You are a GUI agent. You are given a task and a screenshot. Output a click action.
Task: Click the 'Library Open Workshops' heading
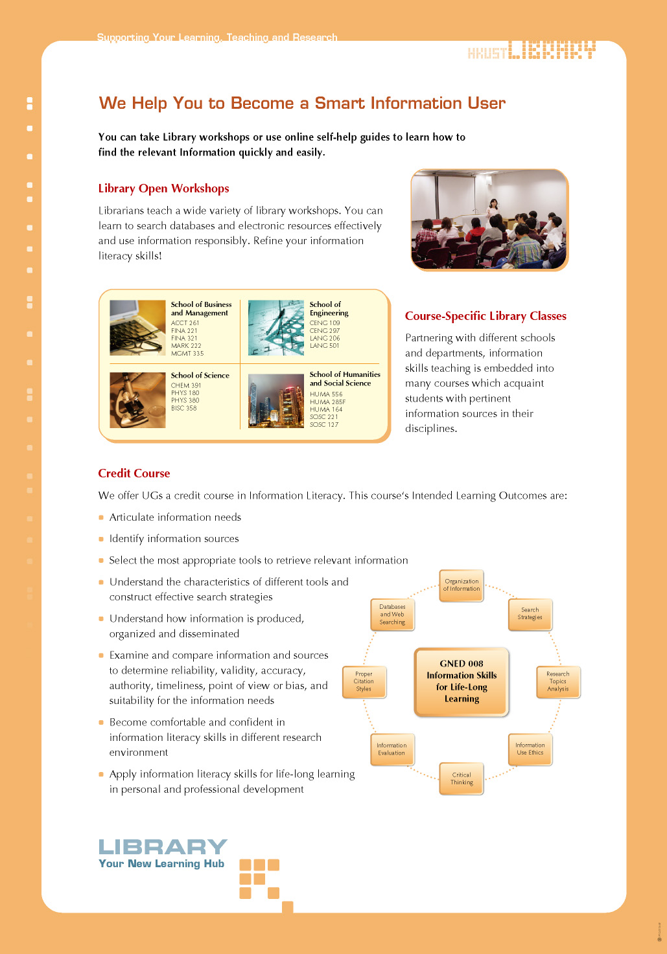pos(163,188)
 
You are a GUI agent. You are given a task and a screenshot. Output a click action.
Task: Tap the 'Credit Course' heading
pos(134,473)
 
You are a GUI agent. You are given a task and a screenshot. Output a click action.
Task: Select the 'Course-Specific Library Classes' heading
pos(486,316)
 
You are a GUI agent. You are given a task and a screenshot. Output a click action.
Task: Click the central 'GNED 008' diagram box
pos(462,681)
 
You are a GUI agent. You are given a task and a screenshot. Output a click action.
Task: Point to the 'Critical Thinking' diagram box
pos(462,778)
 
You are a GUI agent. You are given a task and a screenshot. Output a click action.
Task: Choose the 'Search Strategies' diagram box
pos(530,613)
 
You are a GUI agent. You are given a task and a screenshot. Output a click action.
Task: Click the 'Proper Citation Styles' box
pos(364,681)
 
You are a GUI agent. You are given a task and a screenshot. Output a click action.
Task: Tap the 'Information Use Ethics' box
pos(530,749)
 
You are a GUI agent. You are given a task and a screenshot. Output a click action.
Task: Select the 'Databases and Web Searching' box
pos(392,615)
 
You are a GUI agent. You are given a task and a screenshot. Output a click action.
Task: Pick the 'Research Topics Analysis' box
pos(557,681)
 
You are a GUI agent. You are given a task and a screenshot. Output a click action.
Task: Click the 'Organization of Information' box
pos(462,585)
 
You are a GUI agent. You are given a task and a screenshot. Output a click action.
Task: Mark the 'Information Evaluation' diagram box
pos(392,749)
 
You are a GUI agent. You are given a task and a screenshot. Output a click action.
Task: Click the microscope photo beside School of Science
pos(137,400)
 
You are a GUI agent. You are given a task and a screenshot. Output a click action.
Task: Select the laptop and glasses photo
pos(137,328)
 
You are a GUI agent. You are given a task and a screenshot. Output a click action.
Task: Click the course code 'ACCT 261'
pos(185,323)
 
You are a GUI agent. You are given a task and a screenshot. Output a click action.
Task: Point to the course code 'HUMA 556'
pos(326,394)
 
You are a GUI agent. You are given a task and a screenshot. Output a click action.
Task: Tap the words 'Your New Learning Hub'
pos(161,864)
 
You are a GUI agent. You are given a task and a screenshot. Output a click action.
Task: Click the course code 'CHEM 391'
pos(186,385)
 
